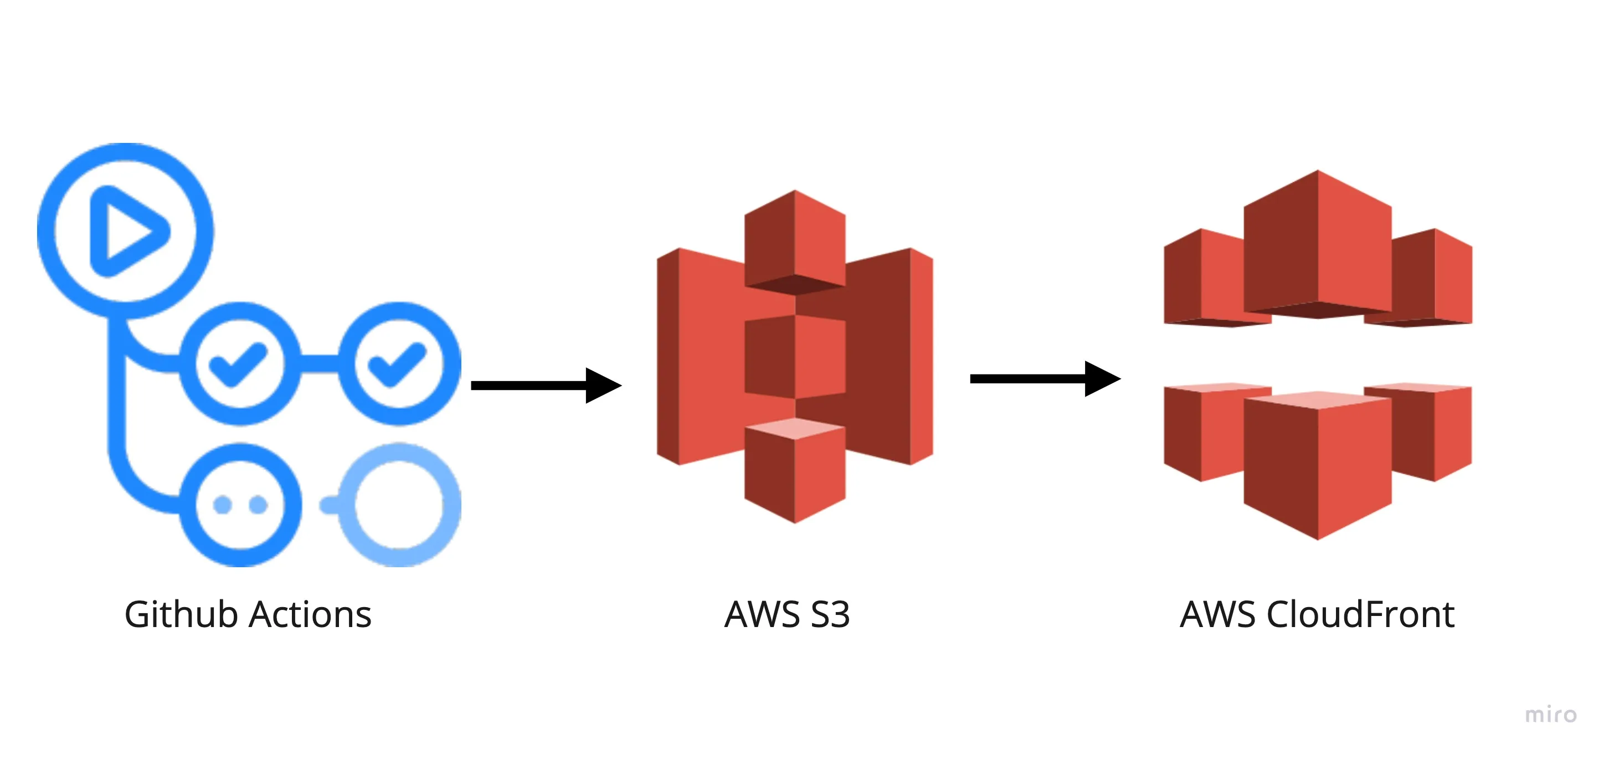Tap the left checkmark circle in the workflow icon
pos(239,363)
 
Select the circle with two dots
pos(240,505)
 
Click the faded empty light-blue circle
pos(399,505)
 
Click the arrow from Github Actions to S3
pos(545,386)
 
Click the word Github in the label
pos(182,615)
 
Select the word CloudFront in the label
pos(1360,615)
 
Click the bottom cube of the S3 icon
pos(794,473)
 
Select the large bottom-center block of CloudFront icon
pos(1317,467)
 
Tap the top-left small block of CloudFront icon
pos(1203,279)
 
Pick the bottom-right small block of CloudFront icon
pos(1435,432)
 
